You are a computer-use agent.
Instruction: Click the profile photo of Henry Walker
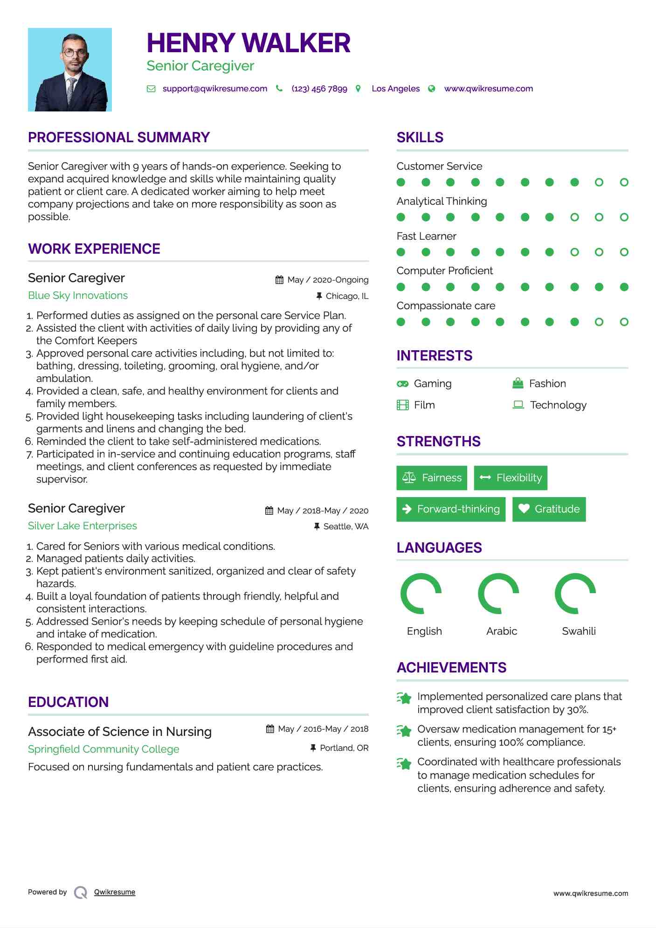(x=70, y=69)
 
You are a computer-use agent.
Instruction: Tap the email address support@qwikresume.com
(x=214, y=89)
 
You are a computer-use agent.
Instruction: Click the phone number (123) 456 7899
(x=319, y=89)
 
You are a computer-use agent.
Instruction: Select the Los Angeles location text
(x=395, y=89)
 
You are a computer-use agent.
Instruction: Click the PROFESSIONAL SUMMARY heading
(x=119, y=138)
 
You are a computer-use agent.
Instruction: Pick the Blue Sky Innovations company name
(x=78, y=295)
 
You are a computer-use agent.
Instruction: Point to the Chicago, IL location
(x=346, y=296)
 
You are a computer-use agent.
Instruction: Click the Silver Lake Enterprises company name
(x=83, y=526)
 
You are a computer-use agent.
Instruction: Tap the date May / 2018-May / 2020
(x=323, y=511)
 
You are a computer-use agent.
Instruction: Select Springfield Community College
(x=104, y=749)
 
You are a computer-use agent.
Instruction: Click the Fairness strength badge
(x=432, y=478)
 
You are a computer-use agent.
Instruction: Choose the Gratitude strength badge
(x=549, y=509)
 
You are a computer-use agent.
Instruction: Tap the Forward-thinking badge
(x=451, y=509)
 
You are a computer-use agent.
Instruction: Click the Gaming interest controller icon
(x=402, y=384)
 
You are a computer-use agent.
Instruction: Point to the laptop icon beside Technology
(x=518, y=404)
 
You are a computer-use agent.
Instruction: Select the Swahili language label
(x=579, y=631)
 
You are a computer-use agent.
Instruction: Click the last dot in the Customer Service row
(x=624, y=182)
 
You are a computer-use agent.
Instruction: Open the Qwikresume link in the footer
(x=115, y=892)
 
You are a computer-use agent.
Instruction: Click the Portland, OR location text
(x=344, y=748)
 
